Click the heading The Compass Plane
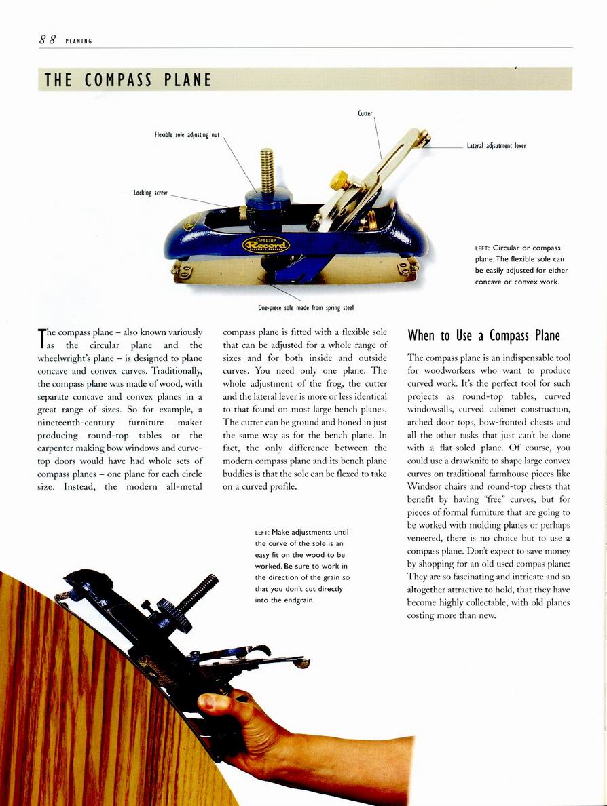[128, 80]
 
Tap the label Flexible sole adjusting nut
[187, 134]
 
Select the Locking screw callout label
[150, 193]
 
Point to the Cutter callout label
[365, 113]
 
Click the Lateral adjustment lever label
[496, 145]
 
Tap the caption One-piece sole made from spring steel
[306, 308]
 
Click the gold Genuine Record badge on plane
[266, 244]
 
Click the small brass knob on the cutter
[339, 180]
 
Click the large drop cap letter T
[43, 338]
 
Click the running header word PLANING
[79, 41]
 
